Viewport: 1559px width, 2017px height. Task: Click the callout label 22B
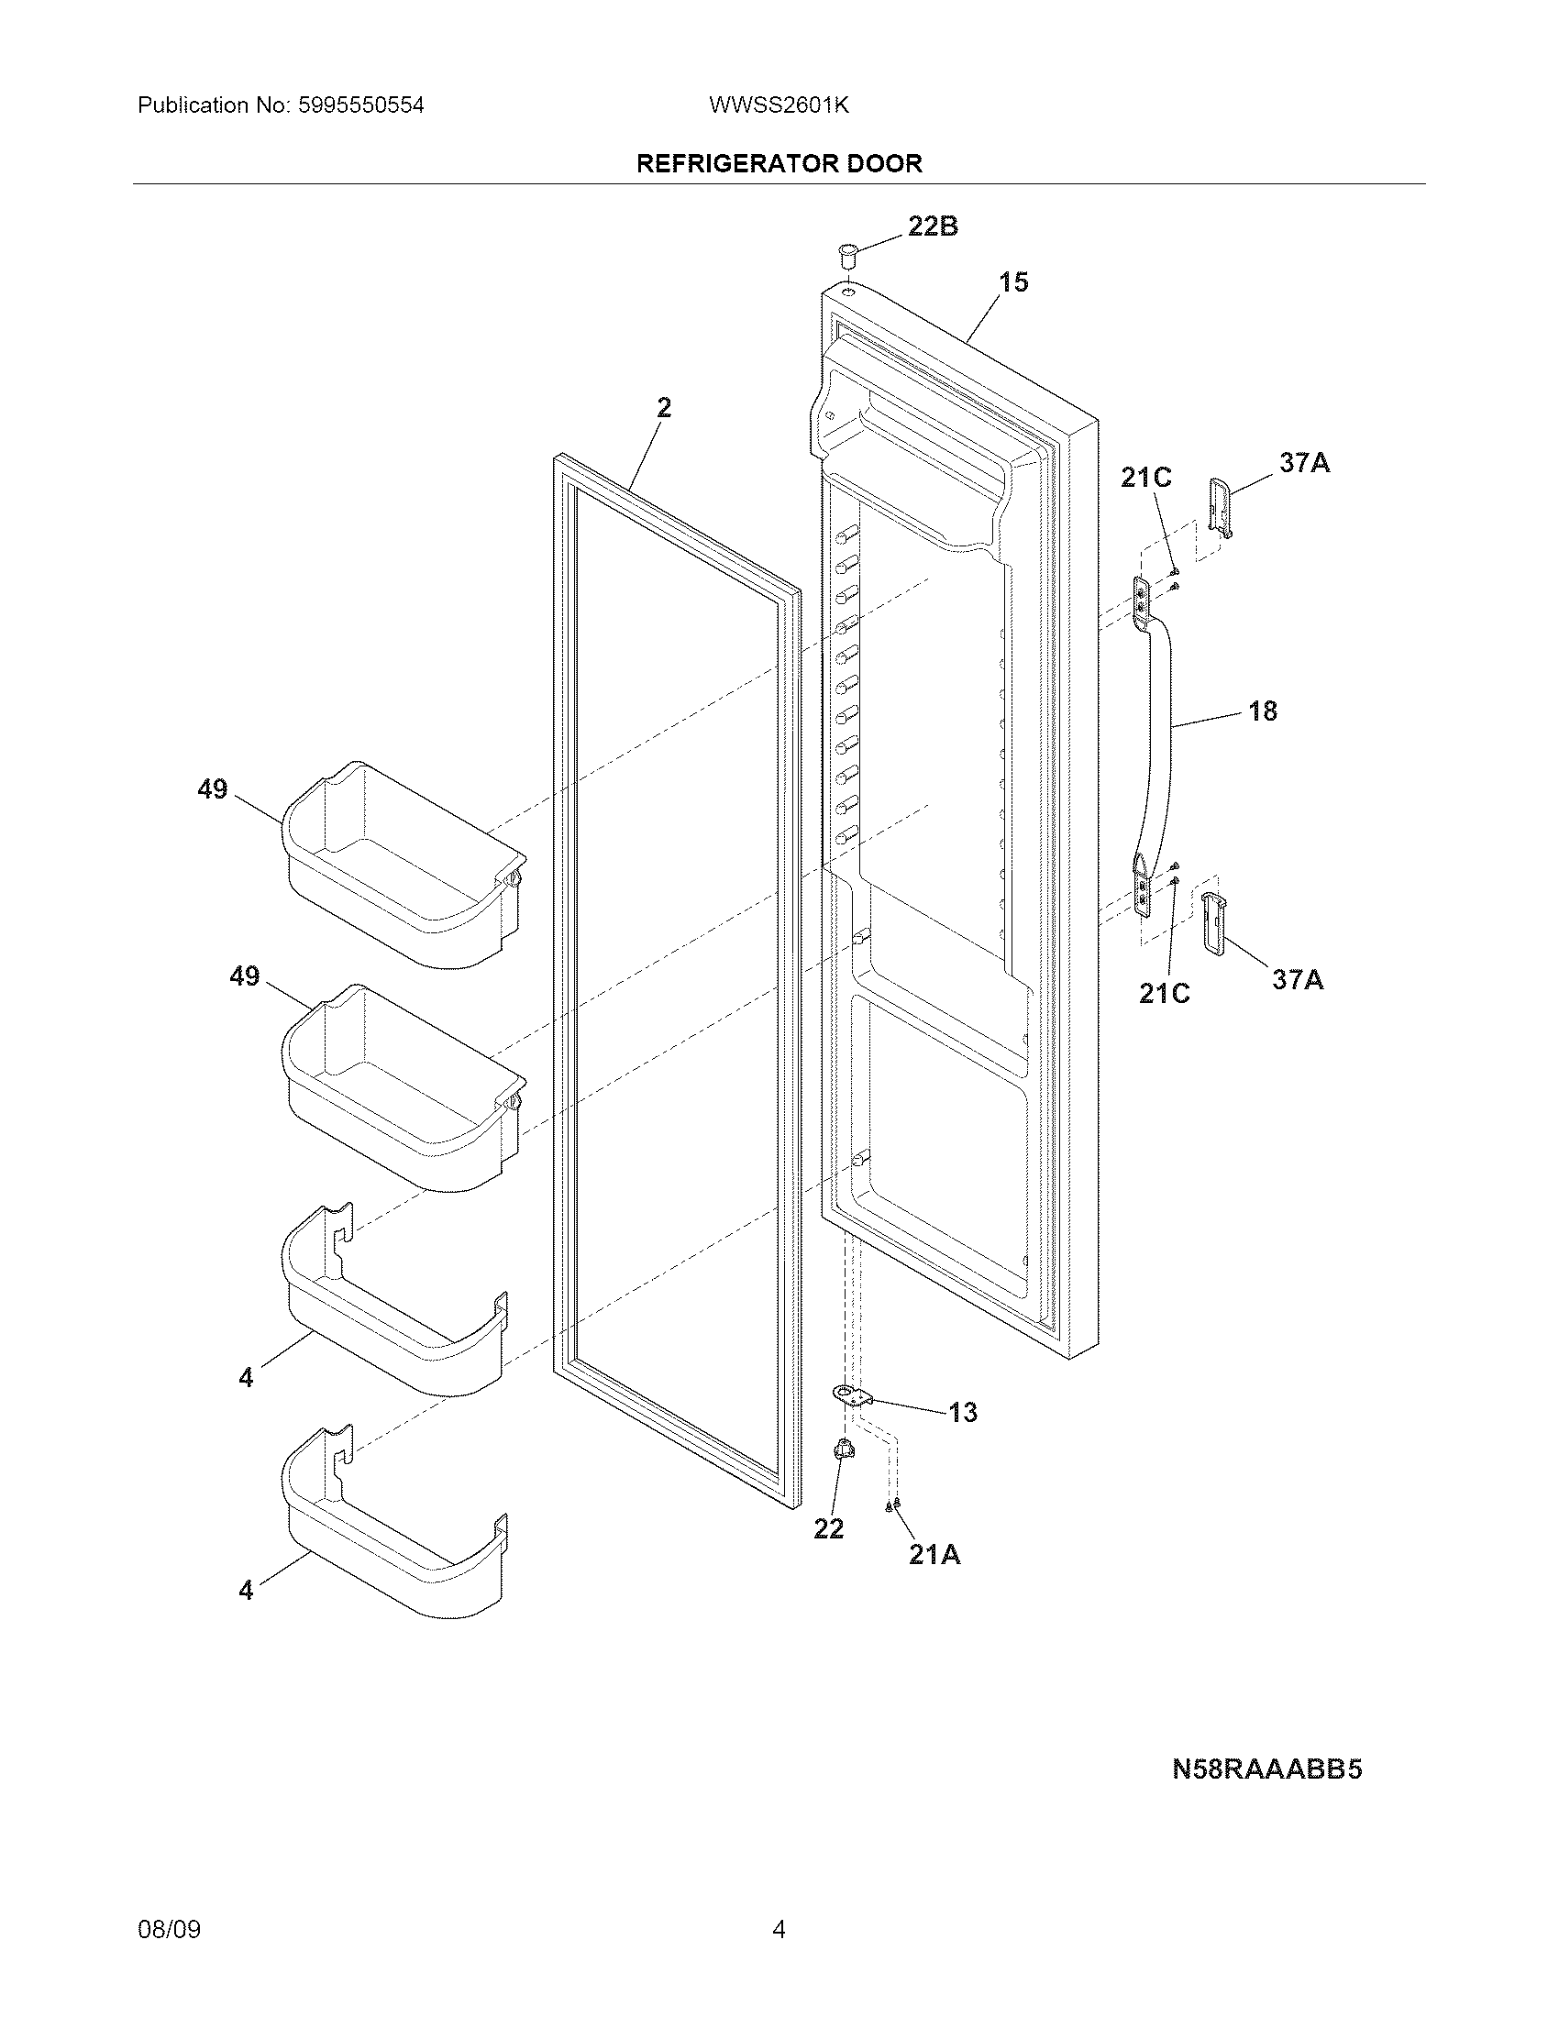[932, 226]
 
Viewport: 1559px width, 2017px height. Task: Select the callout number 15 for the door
[1013, 282]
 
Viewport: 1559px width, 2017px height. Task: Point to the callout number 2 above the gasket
[664, 407]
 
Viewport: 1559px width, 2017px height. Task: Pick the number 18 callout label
[1262, 711]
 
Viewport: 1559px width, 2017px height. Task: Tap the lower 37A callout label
[1297, 980]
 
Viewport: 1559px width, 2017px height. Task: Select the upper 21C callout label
[1145, 478]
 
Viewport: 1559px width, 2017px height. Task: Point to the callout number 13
[961, 1413]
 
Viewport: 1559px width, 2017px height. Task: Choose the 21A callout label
[934, 1556]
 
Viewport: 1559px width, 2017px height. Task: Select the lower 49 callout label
[245, 976]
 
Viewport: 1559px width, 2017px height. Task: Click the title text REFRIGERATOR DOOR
[779, 164]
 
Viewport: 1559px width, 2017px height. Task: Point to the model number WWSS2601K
[779, 105]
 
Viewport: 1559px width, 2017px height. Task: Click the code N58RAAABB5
[1267, 1770]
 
